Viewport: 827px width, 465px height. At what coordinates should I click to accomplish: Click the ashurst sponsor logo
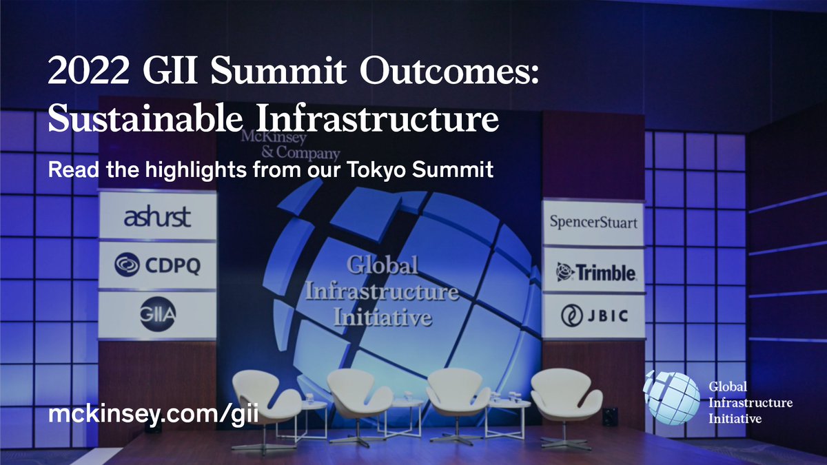coord(157,218)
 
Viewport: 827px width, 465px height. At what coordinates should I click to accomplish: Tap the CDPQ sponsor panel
coord(157,265)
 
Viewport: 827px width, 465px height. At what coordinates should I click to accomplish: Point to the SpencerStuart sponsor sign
coord(593,223)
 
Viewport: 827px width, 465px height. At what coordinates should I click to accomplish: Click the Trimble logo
coord(595,272)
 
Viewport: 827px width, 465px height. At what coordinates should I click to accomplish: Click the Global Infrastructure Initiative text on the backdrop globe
coord(383,291)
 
